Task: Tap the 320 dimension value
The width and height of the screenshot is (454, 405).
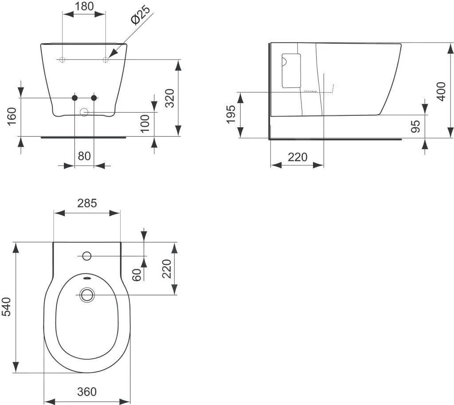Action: coord(169,98)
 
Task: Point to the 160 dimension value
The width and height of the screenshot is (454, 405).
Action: coord(12,116)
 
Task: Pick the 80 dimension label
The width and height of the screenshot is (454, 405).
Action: coord(84,156)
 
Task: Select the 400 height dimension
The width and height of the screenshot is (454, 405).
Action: coord(441,91)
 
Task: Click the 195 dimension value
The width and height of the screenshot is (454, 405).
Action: coord(231,115)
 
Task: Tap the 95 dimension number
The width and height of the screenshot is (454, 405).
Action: coord(415,126)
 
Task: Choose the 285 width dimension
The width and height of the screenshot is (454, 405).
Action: coord(87,203)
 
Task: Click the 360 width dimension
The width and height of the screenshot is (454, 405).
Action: coord(87,392)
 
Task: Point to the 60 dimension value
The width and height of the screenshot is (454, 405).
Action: coord(137,275)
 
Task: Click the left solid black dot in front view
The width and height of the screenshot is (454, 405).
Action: coord(74,98)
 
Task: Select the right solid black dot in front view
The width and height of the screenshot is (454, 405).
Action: coord(94,98)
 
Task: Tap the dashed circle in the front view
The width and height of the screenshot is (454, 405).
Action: coord(84,112)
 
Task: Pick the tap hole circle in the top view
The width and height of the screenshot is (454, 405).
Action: coord(87,256)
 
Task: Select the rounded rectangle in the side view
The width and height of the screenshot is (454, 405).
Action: coord(291,71)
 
